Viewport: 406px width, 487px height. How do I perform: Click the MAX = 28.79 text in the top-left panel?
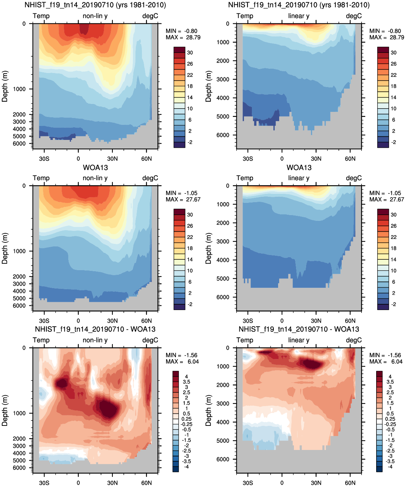click(x=183, y=37)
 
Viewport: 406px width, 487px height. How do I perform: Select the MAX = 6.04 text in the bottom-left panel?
click(x=182, y=361)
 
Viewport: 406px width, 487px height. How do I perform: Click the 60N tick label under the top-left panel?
click(x=146, y=159)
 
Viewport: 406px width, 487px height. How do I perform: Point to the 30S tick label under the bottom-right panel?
click(x=248, y=483)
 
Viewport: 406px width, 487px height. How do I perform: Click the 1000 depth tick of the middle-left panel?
click(x=19, y=251)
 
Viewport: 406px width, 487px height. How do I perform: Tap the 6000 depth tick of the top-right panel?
click(x=223, y=135)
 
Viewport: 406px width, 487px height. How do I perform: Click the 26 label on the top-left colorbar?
click(x=190, y=64)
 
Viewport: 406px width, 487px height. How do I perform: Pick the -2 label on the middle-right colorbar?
click(x=394, y=304)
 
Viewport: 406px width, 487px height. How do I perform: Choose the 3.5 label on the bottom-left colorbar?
click(x=186, y=382)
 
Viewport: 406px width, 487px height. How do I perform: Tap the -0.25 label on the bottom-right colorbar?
click(x=390, y=424)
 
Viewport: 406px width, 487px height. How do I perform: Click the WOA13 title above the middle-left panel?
click(x=95, y=168)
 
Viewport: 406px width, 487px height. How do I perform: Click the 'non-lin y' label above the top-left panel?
click(x=95, y=16)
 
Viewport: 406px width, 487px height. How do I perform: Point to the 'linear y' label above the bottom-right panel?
click(x=299, y=340)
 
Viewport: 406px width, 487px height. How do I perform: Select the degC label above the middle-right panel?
click(x=354, y=178)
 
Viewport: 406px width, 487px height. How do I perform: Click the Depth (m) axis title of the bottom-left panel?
click(x=5, y=410)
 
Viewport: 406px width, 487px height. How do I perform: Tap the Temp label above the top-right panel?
click(x=245, y=16)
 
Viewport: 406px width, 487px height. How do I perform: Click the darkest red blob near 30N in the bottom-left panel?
click(x=108, y=408)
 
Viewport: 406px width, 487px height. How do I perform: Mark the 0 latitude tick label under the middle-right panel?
click(x=282, y=321)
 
